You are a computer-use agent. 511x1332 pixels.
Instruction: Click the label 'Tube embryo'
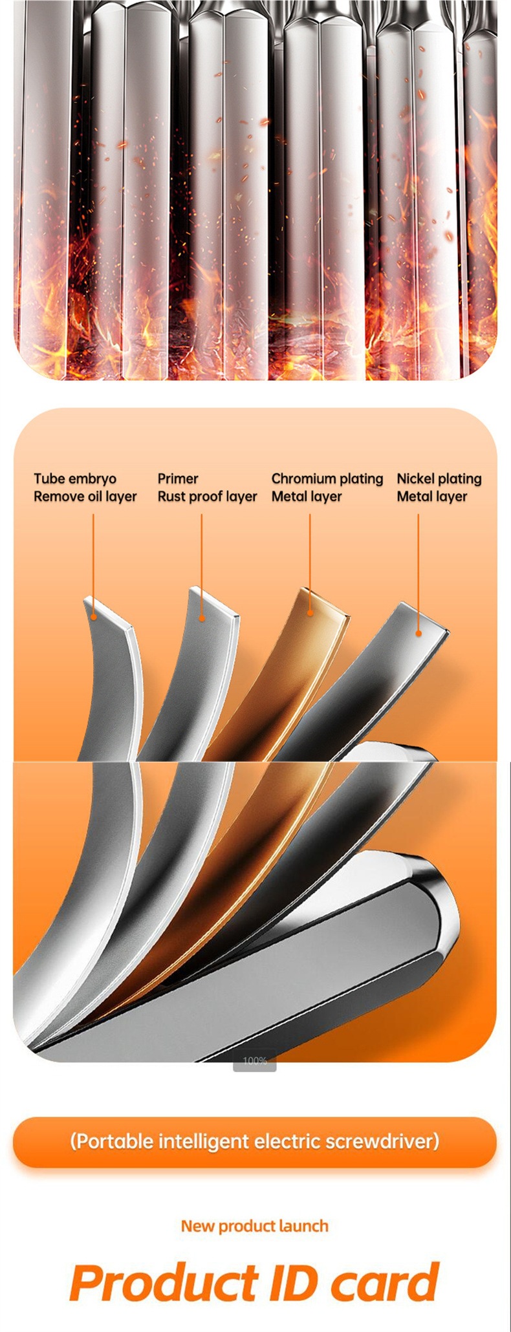click(x=75, y=478)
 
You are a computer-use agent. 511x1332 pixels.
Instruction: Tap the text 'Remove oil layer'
click(x=85, y=497)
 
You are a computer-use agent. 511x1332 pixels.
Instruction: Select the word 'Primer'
click(x=178, y=478)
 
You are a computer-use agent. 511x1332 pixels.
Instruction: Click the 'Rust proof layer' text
click(x=207, y=497)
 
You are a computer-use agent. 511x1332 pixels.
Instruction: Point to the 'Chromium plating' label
click(x=327, y=478)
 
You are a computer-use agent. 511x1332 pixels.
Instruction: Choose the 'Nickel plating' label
click(x=439, y=478)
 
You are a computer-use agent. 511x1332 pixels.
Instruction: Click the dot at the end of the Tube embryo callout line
click(x=94, y=617)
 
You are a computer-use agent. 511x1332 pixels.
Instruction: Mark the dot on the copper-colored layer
click(x=310, y=612)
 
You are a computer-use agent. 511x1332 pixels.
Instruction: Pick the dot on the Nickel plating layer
click(x=419, y=633)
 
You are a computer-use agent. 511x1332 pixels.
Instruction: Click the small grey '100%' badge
click(x=255, y=1060)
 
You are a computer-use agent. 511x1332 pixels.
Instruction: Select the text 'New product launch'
click(x=255, y=1225)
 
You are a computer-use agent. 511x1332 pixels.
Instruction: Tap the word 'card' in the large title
click(x=386, y=1283)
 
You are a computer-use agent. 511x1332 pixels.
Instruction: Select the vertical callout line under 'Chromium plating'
click(x=310, y=556)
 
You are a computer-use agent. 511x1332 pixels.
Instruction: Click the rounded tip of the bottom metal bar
click(x=446, y=905)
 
